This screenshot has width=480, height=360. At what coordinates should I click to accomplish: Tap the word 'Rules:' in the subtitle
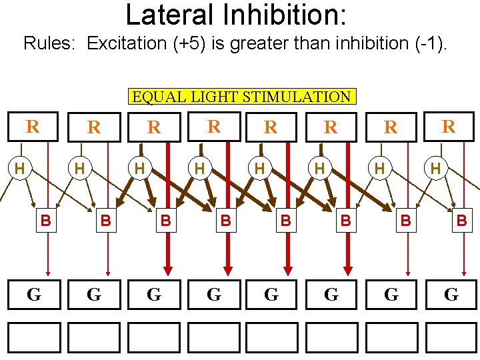pyautogui.click(x=52, y=44)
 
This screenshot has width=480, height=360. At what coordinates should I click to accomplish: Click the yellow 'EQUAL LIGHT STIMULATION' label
pyautogui.click(x=241, y=97)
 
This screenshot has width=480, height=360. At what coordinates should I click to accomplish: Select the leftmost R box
pyautogui.click(x=31, y=127)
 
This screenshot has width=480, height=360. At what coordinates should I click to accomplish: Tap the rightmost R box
pyautogui.click(x=449, y=127)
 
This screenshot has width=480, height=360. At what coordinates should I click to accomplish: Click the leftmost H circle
pyautogui.click(x=20, y=169)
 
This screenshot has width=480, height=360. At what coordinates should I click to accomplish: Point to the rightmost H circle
pyautogui.click(x=435, y=169)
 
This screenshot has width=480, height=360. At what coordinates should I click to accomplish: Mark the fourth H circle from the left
pyautogui.click(x=199, y=169)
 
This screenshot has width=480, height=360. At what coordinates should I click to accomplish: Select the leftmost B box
pyautogui.click(x=45, y=219)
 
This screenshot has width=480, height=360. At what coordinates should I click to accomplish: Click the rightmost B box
pyautogui.click(x=461, y=219)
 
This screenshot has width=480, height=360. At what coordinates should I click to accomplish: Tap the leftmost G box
pyautogui.click(x=34, y=295)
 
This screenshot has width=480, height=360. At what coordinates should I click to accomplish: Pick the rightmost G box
pyautogui.click(x=451, y=295)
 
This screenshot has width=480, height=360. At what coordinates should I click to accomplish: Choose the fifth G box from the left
pyautogui.click(x=271, y=295)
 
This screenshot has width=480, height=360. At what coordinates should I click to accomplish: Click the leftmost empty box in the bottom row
pyautogui.click(x=34, y=337)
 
